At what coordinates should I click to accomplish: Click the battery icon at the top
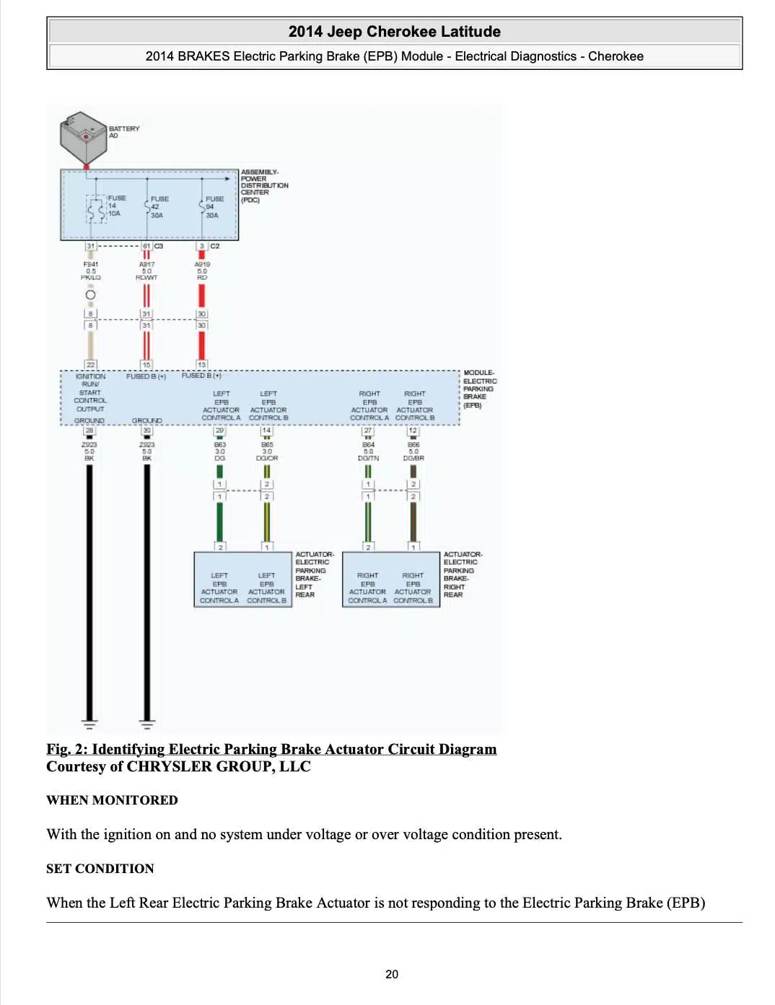(84, 137)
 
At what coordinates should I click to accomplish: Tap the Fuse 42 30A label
(159, 207)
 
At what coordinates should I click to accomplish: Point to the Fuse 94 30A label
(214, 207)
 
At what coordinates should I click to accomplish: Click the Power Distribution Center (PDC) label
(263, 186)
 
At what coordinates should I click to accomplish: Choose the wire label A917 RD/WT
(146, 271)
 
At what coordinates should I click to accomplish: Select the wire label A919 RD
(202, 271)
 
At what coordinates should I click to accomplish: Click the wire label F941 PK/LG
(91, 271)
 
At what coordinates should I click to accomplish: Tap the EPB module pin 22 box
(90, 364)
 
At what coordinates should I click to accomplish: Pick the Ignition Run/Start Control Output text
(90, 392)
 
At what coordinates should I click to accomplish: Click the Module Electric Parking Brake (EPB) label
(479, 389)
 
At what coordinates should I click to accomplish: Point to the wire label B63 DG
(220, 451)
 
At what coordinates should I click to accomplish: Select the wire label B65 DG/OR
(267, 451)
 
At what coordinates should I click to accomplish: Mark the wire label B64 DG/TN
(368, 451)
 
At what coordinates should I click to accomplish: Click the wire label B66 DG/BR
(413, 451)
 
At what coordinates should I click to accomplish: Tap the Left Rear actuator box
(243, 580)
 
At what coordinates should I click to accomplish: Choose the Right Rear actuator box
(391, 580)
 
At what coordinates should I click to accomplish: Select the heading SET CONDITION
(100, 869)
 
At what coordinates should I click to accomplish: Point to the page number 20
(392, 974)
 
